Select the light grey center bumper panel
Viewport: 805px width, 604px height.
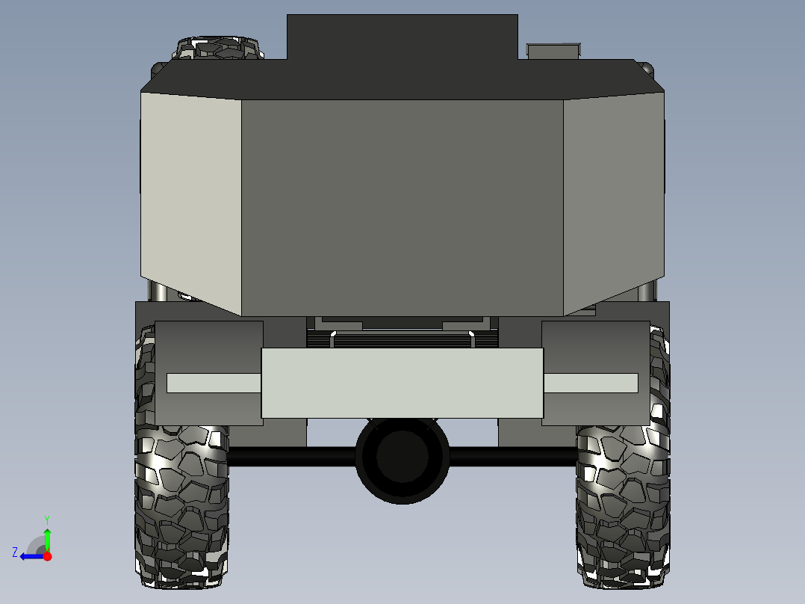point(402,383)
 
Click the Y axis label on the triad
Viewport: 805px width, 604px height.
point(46,518)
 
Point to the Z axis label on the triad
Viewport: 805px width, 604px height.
point(15,552)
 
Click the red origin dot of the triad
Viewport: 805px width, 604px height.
point(47,556)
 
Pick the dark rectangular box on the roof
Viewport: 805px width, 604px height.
point(402,37)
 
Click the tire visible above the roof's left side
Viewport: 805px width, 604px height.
point(220,49)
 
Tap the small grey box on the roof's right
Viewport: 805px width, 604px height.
point(554,51)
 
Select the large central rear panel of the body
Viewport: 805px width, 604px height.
point(402,206)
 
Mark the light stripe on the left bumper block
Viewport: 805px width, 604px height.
point(213,383)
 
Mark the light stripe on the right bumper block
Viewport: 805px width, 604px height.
point(591,383)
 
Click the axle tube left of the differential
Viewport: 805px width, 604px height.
point(291,457)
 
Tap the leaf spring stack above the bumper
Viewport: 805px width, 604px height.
point(402,339)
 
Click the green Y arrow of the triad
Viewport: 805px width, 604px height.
point(47,538)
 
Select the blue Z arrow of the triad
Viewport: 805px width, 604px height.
point(31,556)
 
